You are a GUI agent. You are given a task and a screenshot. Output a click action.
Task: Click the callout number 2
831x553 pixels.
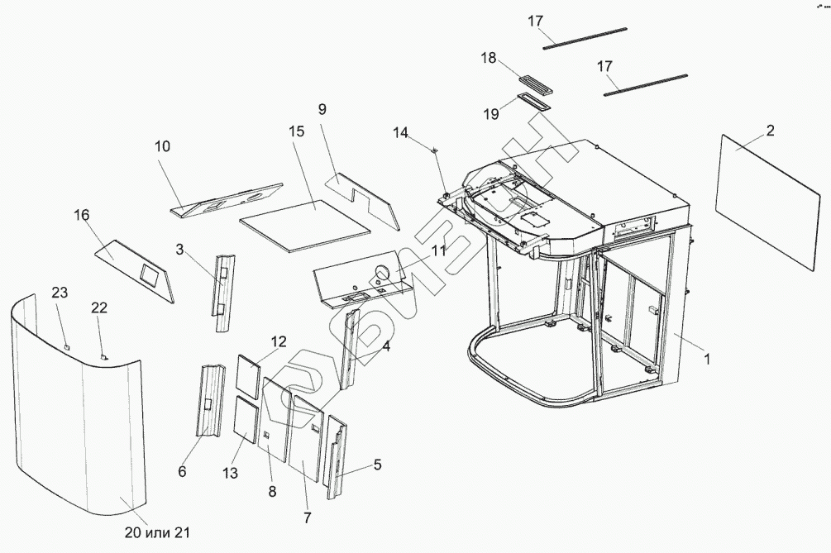click(x=770, y=130)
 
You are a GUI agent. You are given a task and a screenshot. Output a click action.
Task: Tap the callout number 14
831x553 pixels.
click(x=400, y=132)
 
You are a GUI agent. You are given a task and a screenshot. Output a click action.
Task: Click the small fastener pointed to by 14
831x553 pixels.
click(x=435, y=149)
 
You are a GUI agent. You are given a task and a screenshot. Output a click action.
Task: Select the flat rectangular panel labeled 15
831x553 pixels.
click(x=303, y=224)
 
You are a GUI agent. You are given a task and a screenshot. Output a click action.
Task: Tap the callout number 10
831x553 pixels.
click(x=162, y=146)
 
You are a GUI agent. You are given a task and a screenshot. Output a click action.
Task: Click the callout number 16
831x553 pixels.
click(x=81, y=215)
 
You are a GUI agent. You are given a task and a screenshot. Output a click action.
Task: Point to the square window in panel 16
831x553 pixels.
click(x=151, y=270)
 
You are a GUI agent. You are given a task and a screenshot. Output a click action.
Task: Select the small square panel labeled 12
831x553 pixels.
click(x=251, y=377)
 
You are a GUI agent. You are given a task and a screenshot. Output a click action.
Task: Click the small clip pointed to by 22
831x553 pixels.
click(x=104, y=356)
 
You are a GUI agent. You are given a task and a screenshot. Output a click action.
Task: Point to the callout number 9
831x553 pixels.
click(x=322, y=108)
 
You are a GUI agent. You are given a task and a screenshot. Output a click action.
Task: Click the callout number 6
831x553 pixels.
click(x=183, y=471)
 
